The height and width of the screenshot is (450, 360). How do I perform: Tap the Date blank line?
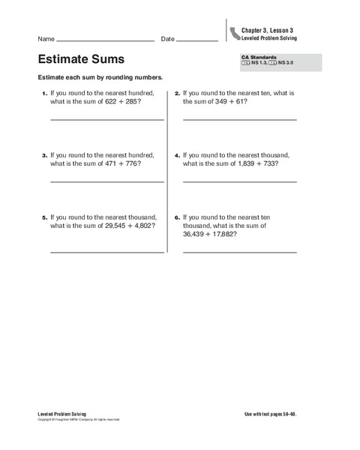tap(197, 40)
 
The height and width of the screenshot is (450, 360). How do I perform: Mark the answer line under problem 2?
tap(239, 119)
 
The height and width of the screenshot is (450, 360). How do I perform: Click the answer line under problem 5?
tap(106, 252)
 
